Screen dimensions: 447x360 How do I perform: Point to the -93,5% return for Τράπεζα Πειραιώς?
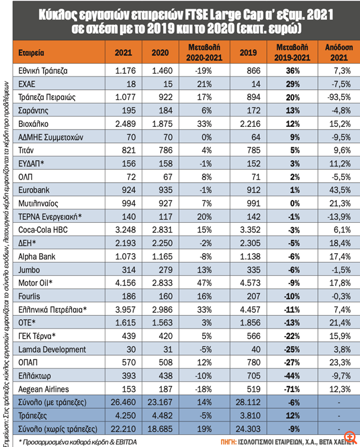[337, 97]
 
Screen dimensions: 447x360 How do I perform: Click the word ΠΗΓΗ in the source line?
[229, 441]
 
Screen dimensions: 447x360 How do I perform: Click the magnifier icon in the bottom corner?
[349, 436]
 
